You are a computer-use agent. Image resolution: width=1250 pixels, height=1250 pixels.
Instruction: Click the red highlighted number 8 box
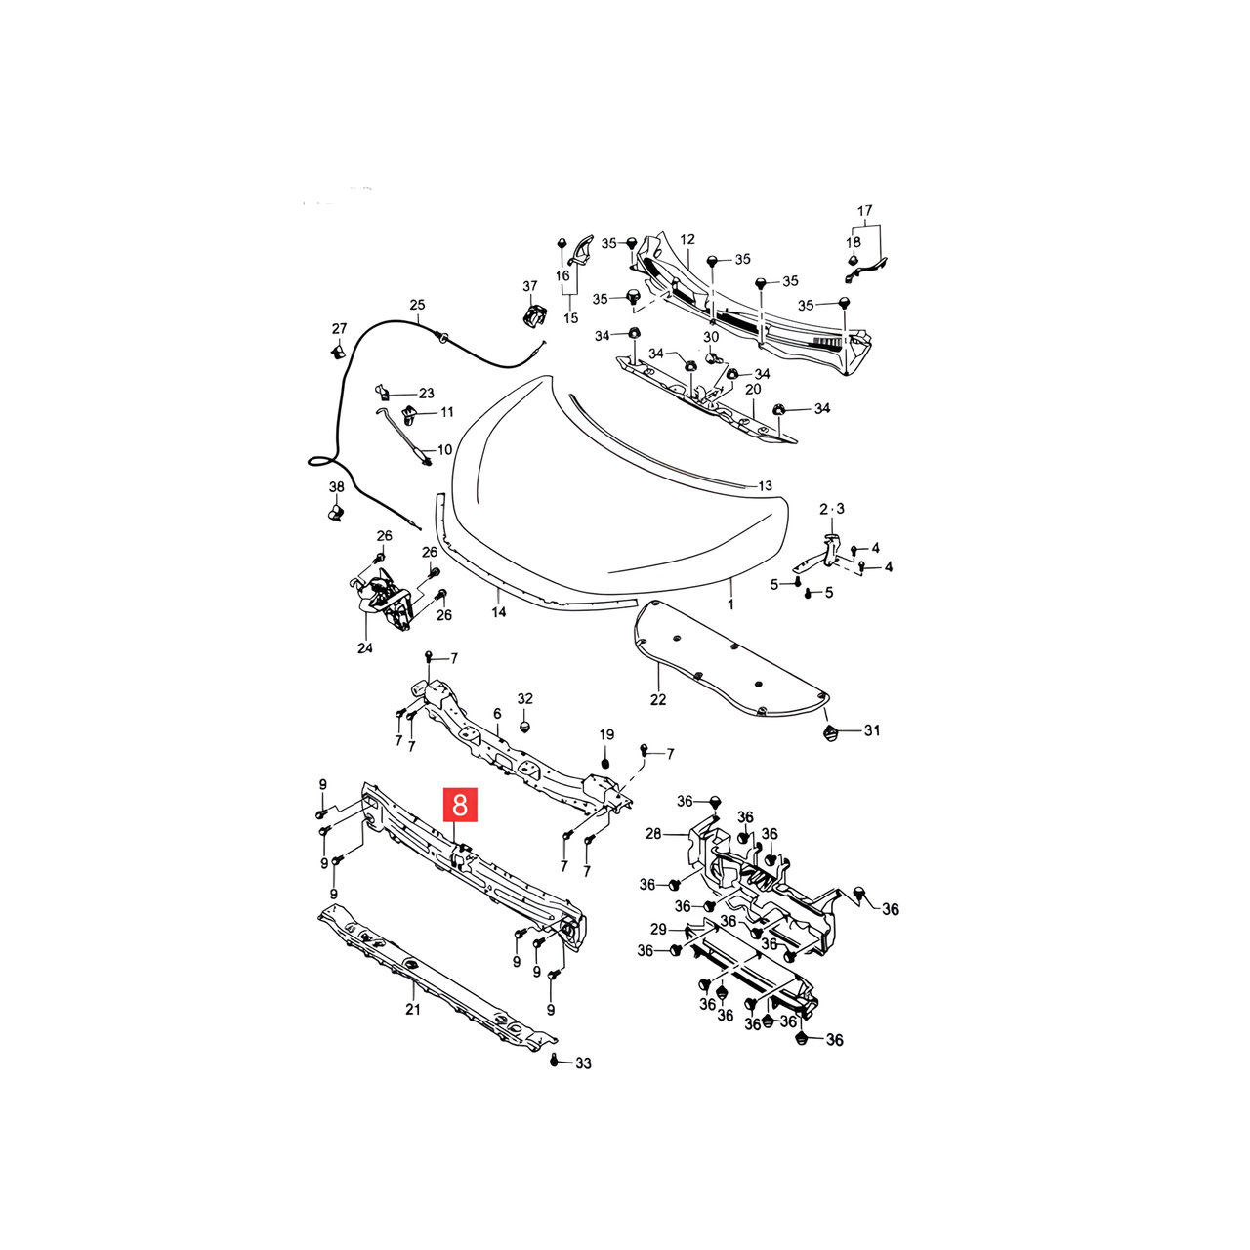(460, 805)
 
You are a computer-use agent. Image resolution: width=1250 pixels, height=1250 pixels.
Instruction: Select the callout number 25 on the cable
(417, 305)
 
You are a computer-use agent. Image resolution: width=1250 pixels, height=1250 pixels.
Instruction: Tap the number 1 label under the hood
(730, 604)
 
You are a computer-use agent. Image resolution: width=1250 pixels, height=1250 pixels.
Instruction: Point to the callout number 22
(658, 700)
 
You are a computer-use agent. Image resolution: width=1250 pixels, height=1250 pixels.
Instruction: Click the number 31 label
(872, 730)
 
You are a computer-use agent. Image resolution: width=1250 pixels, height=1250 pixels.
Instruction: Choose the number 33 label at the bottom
(583, 1063)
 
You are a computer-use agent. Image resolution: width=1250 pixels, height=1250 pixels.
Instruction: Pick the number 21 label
(413, 1010)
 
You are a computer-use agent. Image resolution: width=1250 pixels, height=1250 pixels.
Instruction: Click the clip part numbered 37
(533, 314)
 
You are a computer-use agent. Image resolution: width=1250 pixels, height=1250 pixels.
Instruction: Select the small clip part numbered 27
(337, 353)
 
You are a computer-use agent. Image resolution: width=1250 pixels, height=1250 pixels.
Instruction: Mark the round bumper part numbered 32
(526, 724)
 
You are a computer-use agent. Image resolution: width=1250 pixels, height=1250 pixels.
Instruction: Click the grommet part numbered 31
(830, 733)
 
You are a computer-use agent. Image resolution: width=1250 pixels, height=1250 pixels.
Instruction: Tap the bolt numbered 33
(554, 1060)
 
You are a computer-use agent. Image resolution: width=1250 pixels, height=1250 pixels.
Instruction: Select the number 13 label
(765, 486)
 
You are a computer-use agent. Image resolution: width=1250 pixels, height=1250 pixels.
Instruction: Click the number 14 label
(498, 611)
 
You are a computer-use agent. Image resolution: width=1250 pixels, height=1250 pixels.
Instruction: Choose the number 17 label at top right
(864, 211)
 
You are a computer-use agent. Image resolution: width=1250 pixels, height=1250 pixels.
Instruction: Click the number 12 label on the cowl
(687, 239)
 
